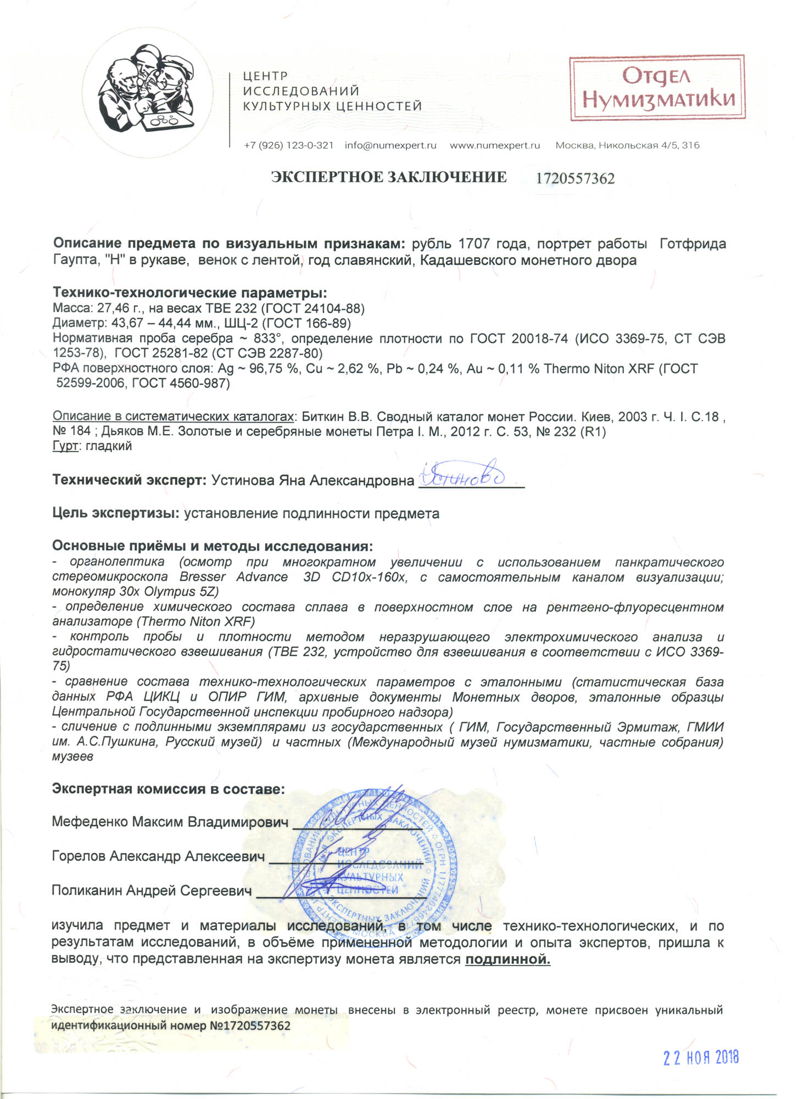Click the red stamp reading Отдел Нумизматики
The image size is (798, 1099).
click(x=657, y=88)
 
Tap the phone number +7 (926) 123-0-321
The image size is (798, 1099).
click(x=288, y=146)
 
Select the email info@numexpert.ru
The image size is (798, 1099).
click(x=390, y=146)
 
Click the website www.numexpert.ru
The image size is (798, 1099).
click(x=495, y=146)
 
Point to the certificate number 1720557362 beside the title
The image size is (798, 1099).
click(x=575, y=179)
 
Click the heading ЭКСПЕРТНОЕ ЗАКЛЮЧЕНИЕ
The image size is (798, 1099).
click(x=389, y=177)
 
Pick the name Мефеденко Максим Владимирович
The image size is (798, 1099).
click(x=170, y=822)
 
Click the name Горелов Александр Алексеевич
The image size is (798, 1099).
click(x=158, y=856)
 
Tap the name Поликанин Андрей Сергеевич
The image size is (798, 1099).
click(x=152, y=890)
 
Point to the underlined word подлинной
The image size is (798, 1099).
click(x=507, y=960)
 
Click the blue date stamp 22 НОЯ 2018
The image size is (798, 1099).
click(x=701, y=1057)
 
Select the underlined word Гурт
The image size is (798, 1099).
click(x=65, y=446)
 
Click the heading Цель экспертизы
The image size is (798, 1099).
click(x=116, y=514)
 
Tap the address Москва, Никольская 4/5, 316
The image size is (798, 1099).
click(x=627, y=146)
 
